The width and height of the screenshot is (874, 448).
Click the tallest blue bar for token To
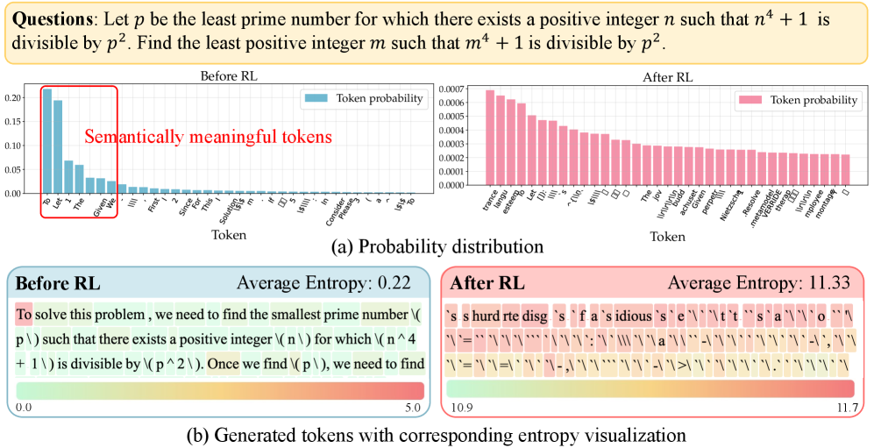(46, 140)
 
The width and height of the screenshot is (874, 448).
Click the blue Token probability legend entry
(361, 98)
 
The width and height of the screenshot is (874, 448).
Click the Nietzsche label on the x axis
(726, 209)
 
